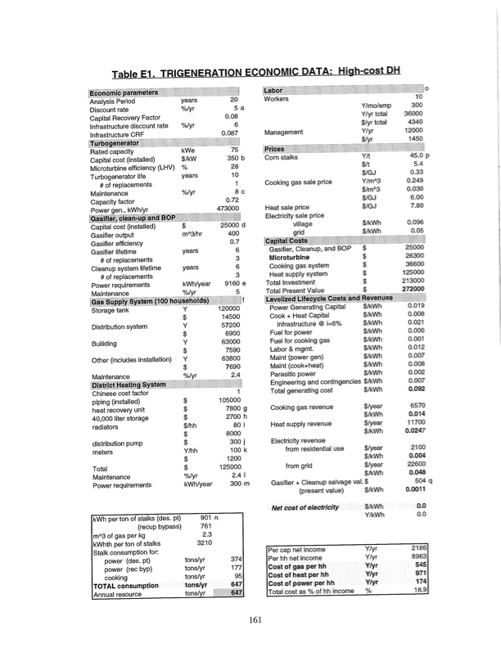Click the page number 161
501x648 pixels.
tap(256, 619)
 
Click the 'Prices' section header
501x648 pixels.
tap(274, 149)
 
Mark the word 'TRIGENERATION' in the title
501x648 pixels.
tap(209, 73)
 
